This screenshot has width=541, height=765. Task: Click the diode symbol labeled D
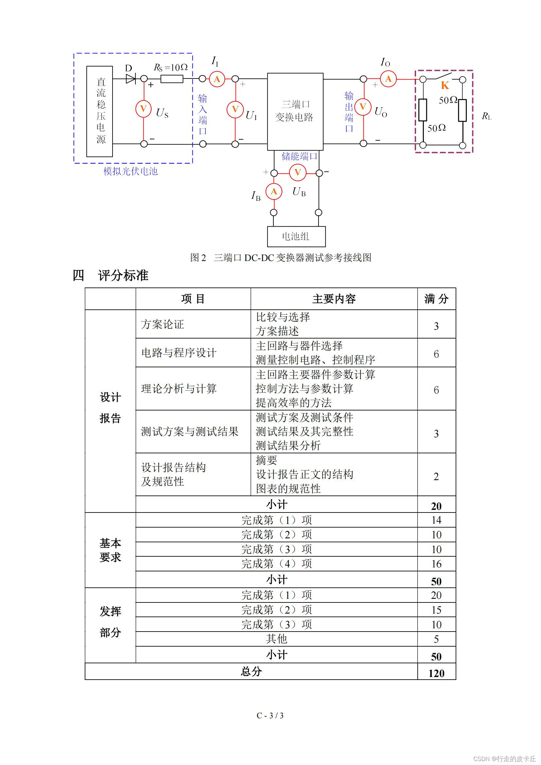pyautogui.click(x=130, y=79)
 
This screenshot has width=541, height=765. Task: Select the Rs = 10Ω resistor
pyautogui.click(x=172, y=79)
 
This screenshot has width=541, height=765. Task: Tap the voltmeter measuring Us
pyautogui.click(x=144, y=109)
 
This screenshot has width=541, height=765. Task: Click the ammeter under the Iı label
pyautogui.click(x=217, y=79)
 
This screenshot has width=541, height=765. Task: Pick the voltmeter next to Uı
pyautogui.click(x=235, y=109)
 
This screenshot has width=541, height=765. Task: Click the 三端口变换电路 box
pyautogui.click(x=295, y=112)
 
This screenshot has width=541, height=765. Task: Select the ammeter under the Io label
pyautogui.click(x=388, y=79)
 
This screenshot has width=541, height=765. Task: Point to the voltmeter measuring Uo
pyautogui.click(x=363, y=107)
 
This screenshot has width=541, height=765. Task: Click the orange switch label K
pyautogui.click(x=445, y=86)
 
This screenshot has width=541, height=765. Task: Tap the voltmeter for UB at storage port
pyautogui.click(x=297, y=172)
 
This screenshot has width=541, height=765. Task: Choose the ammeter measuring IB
pyautogui.click(x=274, y=191)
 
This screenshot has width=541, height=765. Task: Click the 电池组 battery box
pyautogui.click(x=296, y=236)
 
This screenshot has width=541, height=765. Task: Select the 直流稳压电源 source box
pyautogui.click(x=100, y=111)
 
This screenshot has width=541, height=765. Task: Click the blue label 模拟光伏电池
pyautogui.click(x=131, y=171)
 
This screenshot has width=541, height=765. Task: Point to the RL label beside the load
pyautogui.click(x=486, y=116)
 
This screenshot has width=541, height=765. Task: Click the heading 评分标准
pyautogui.click(x=123, y=275)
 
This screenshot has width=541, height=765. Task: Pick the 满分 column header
pyautogui.click(x=436, y=299)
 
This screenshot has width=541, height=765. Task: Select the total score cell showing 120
pyautogui.click(x=436, y=673)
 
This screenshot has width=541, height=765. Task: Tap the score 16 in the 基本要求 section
pyautogui.click(x=436, y=564)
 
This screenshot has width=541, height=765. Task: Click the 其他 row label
pyautogui.click(x=276, y=639)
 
